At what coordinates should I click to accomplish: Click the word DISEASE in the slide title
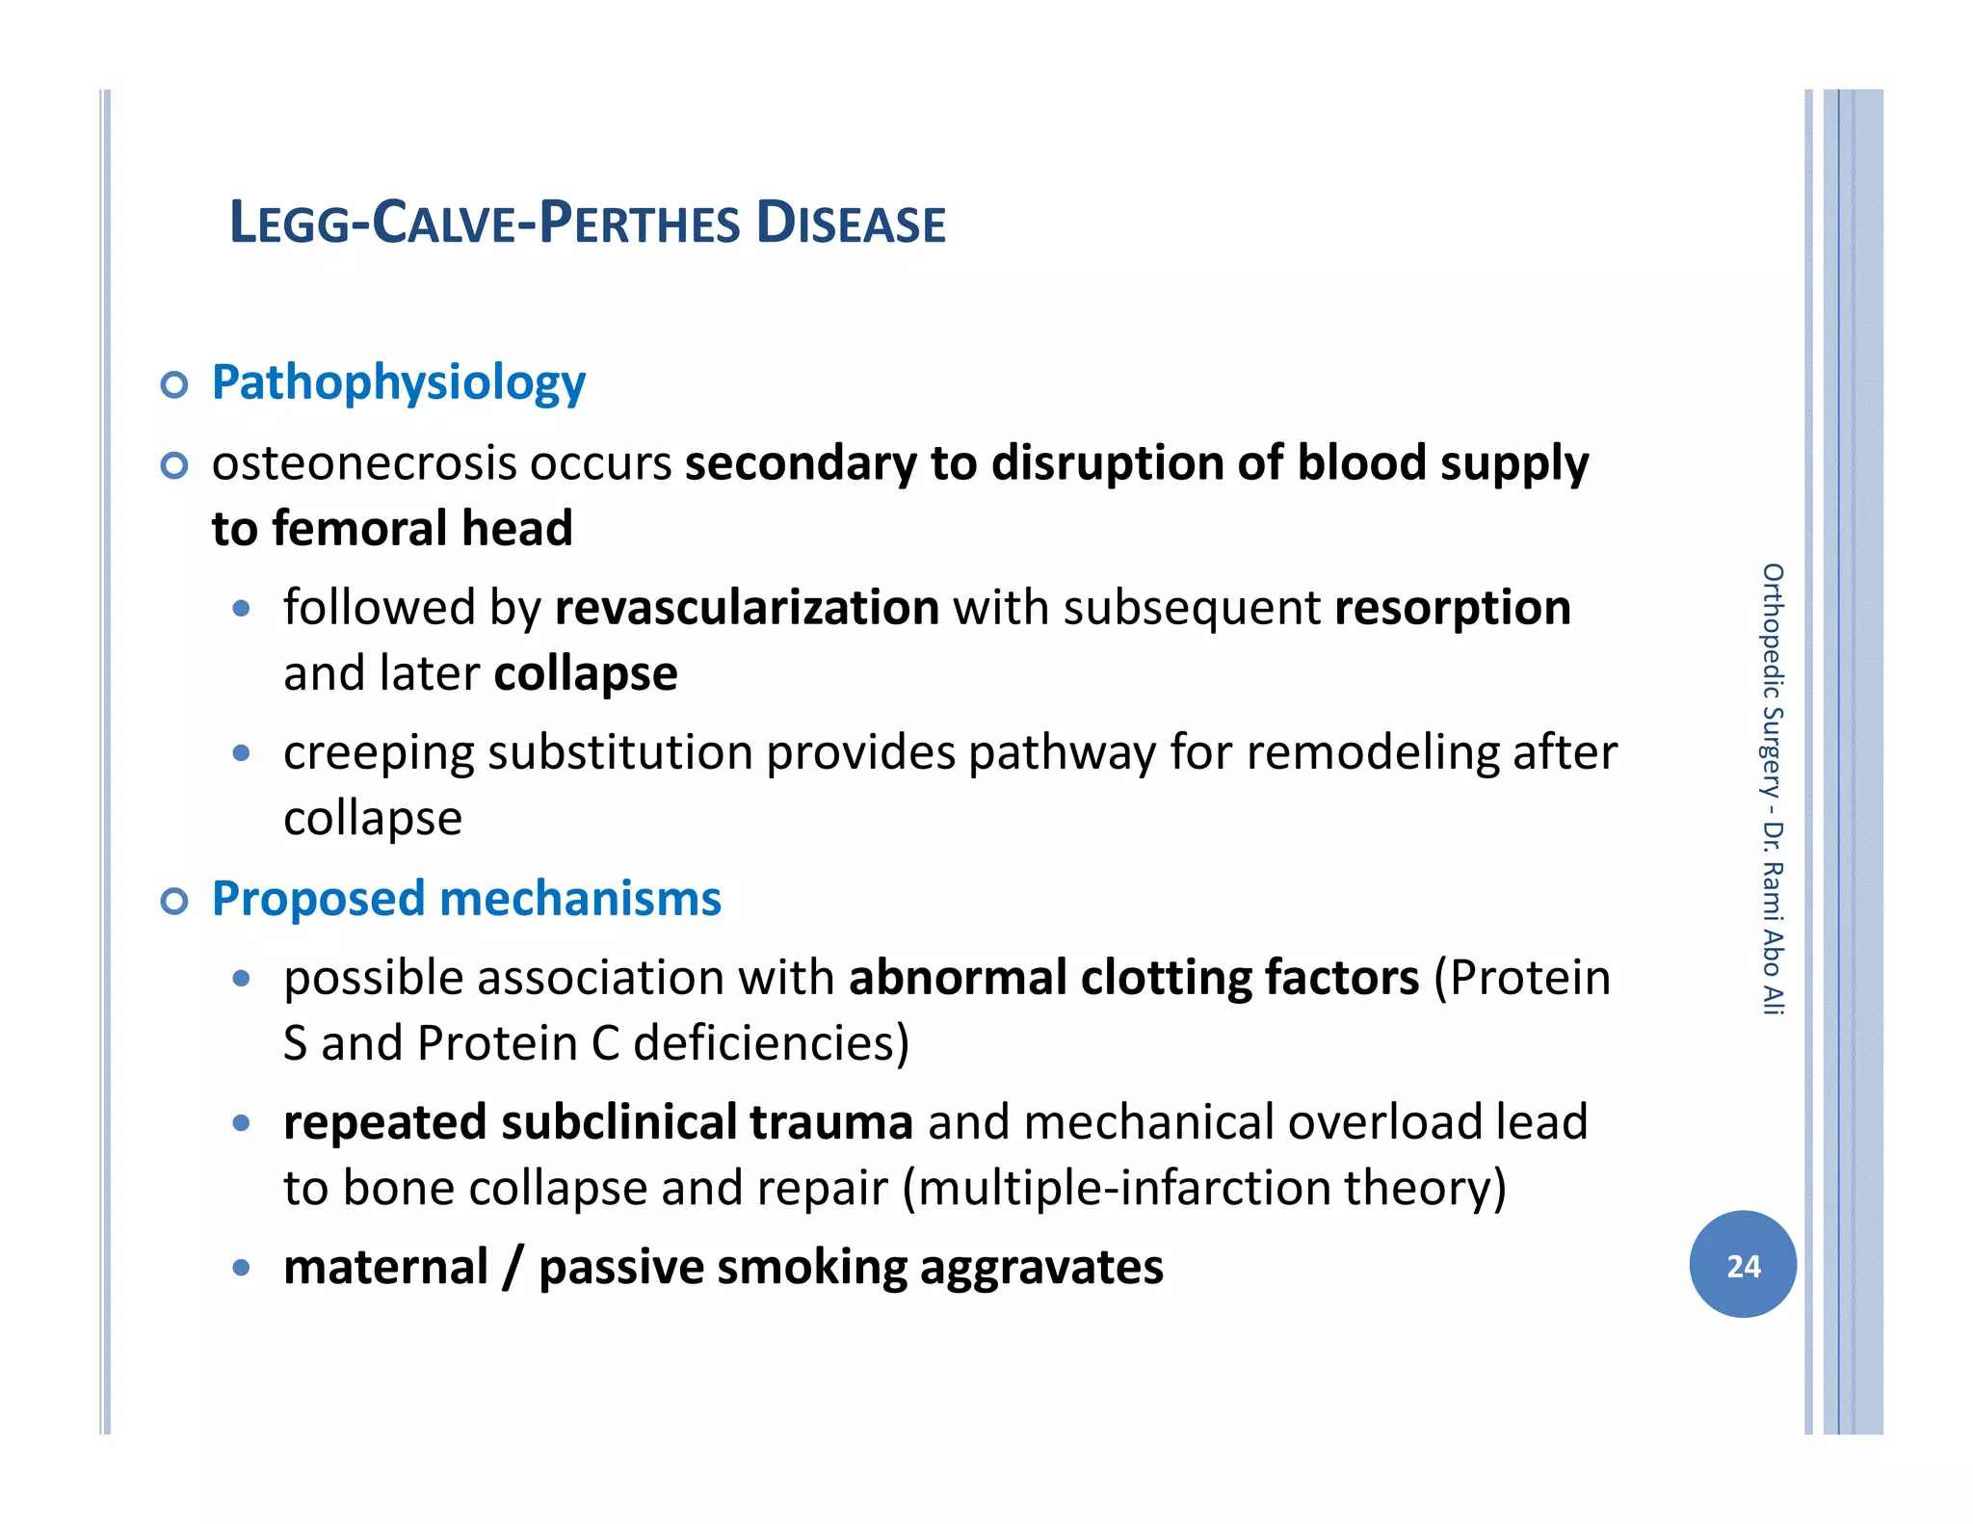pos(851,223)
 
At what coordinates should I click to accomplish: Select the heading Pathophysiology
pos(398,383)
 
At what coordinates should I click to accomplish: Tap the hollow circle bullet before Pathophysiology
pos(174,385)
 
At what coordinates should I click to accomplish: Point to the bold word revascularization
pos(747,608)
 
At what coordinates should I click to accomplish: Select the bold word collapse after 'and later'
pos(586,674)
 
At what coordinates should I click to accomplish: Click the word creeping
pos(378,754)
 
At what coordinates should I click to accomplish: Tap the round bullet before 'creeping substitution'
pos(242,752)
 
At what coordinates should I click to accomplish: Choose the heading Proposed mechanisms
pos(466,899)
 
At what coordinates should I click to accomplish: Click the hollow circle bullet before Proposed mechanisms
pos(174,902)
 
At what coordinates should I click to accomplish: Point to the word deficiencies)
pos(771,1043)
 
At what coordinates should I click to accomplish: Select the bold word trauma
pos(831,1122)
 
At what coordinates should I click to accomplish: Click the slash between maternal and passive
pos(513,1268)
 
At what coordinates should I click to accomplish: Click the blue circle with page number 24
pos(1743,1265)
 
